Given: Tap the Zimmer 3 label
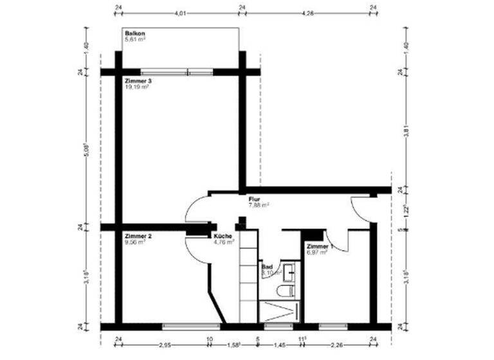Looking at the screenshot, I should pos(138,81).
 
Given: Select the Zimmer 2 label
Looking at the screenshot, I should pos(138,237).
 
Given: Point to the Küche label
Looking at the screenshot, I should pos(223,237).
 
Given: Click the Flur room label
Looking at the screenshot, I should pos(254,200).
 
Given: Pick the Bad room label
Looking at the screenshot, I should pos(266,266).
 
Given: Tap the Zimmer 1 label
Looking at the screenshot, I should pos(319,247).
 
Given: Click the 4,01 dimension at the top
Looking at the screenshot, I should pos(180,13).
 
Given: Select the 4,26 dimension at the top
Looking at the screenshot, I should pos(307,13).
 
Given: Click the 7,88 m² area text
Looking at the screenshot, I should pos(259,206).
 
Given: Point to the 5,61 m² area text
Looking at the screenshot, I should pos(135,39).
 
